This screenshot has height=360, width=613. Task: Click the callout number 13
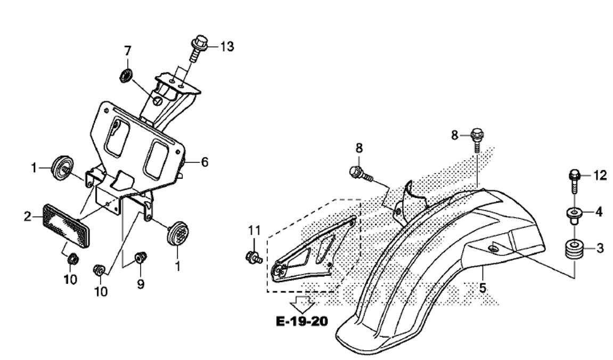point(227,46)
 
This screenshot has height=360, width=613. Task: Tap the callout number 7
point(127,51)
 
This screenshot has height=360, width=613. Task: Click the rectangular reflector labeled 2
point(67,224)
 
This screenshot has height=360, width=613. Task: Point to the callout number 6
point(205,162)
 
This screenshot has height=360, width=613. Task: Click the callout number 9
point(141,284)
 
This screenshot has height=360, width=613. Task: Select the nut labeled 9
point(141,257)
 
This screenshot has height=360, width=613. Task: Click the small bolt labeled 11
point(254,258)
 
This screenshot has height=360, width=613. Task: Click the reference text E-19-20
point(302,321)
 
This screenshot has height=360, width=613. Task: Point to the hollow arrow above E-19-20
point(302,304)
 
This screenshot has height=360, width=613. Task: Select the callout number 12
point(600,176)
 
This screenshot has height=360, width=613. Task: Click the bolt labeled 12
point(574,182)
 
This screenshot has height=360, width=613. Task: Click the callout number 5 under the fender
point(483,288)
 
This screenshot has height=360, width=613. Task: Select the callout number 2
point(27,216)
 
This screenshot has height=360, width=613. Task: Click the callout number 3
point(600,248)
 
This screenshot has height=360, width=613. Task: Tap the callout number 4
point(599,212)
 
